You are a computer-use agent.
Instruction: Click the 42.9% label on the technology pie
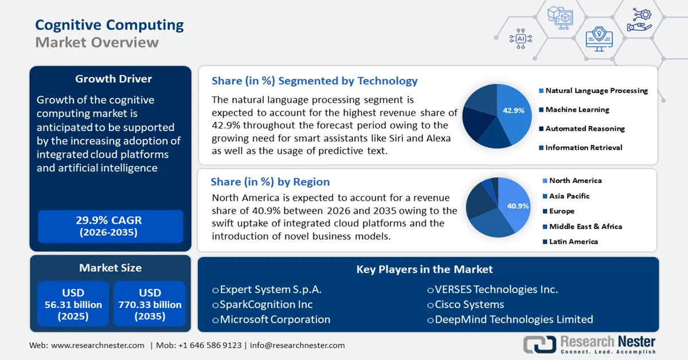(x=514, y=111)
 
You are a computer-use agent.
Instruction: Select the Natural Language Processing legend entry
(x=596, y=91)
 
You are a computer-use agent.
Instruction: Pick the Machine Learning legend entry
(x=577, y=109)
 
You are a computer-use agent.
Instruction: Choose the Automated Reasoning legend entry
(x=585, y=128)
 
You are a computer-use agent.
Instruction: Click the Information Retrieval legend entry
(x=584, y=147)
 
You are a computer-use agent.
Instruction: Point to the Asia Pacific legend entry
(x=569, y=196)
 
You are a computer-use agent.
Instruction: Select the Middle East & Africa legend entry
(x=585, y=226)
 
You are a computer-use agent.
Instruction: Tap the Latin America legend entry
(x=573, y=241)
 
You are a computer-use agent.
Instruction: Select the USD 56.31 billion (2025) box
(x=73, y=304)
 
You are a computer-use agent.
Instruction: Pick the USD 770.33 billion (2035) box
(x=150, y=304)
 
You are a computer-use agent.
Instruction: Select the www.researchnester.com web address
(x=97, y=345)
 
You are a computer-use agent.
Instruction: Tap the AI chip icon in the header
(x=521, y=38)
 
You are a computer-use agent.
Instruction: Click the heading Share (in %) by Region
(x=270, y=182)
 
